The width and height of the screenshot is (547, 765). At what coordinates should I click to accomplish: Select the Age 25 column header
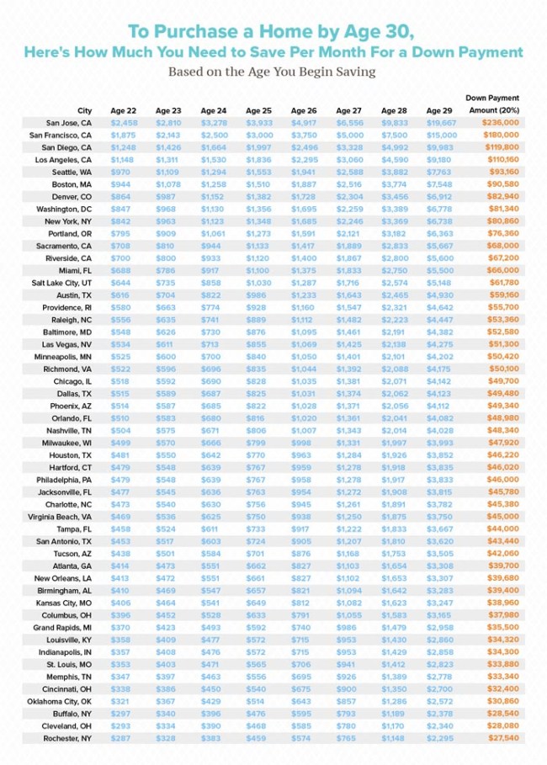(x=258, y=110)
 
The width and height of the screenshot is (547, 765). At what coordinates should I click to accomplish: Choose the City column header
(x=84, y=110)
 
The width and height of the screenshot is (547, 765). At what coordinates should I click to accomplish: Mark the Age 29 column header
(x=439, y=110)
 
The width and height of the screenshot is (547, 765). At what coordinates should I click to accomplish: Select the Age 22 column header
(x=123, y=110)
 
